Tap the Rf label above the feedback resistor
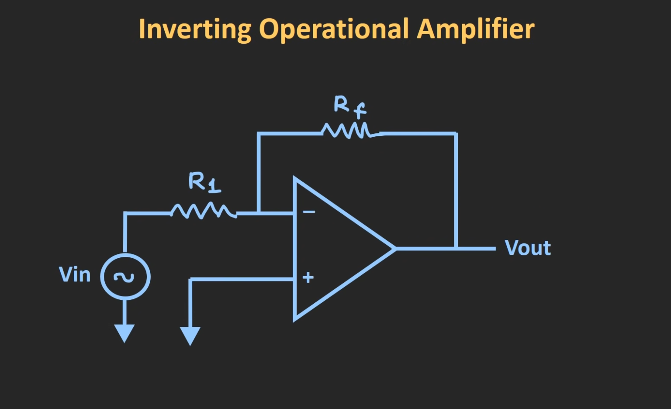pyautogui.click(x=349, y=106)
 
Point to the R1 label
pyautogui.click(x=204, y=182)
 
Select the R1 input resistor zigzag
pyautogui.click(x=203, y=211)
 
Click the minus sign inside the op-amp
pyautogui.click(x=309, y=212)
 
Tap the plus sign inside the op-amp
pyautogui.click(x=308, y=277)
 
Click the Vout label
pyautogui.click(x=528, y=248)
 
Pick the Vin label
pyautogui.click(x=75, y=275)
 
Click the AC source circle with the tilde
pyautogui.click(x=125, y=277)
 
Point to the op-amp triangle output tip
pyautogui.click(x=394, y=248)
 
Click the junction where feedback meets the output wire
pyautogui.click(x=456, y=248)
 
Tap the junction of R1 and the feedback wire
pyautogui.click(x=259, y=213)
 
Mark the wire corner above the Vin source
pyautogui.click(x=125, y=213)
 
